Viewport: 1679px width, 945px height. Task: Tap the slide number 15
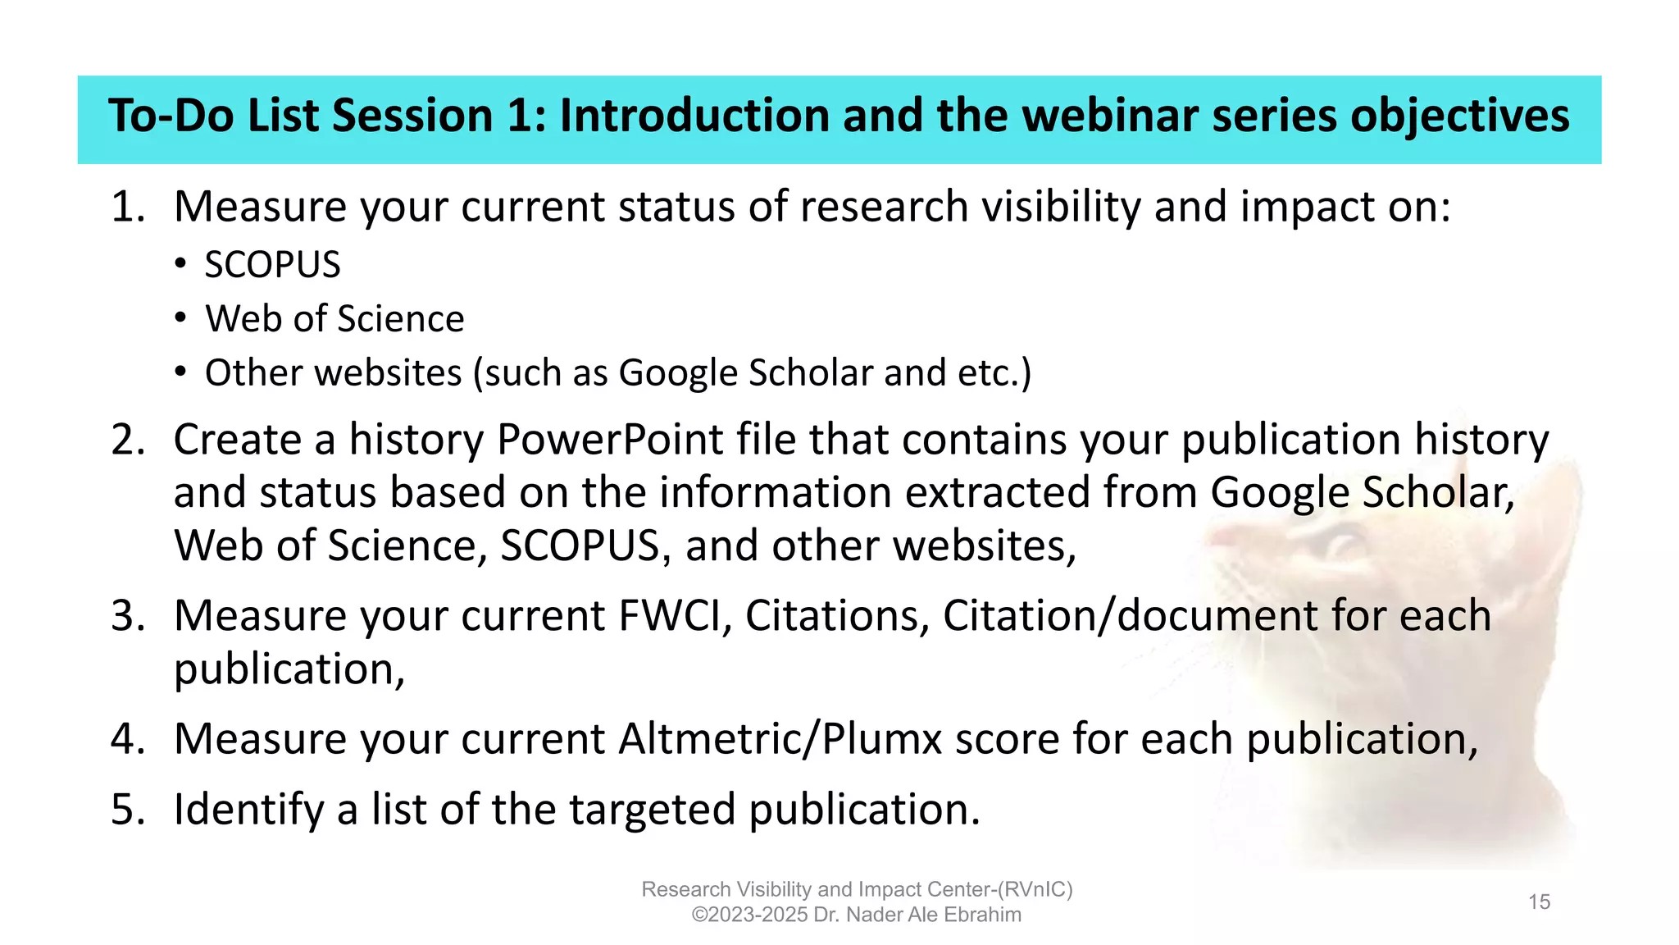pyautogui.click(x=1539, y=902)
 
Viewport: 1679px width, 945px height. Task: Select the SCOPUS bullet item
pyautogui.click(x=272, y=265)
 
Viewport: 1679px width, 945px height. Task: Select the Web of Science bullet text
pyautogui.click(x=334, y=319)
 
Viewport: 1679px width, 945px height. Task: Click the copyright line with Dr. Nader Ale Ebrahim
pyautogui.click(x=857, y=915)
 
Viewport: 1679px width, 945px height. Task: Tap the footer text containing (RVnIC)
pyautogui.click(x=857, y=889)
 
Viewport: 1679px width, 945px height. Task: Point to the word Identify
pyautogui.click(x=249, y=810)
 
